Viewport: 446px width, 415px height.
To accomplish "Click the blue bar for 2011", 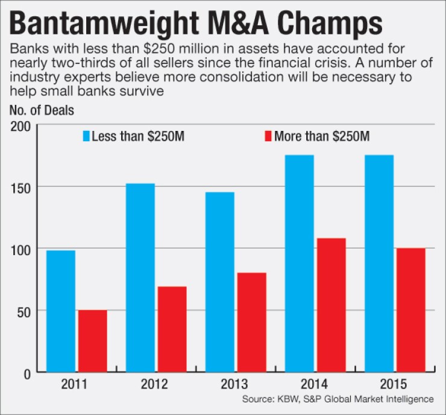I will (x=61, y=311).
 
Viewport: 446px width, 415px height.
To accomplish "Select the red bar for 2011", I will (x=92, y=341).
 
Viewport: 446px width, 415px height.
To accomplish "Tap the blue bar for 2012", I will (x=140, y=278).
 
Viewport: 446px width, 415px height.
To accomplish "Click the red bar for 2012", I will (x=172, y=329).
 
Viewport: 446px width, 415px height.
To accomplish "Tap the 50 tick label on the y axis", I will (x=25, y=311).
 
